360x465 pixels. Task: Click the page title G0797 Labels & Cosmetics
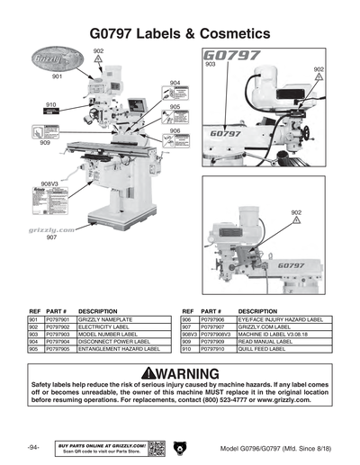coord(180,32)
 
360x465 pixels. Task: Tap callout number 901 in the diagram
coord(57,78)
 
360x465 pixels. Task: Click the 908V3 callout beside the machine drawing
coord(49,183)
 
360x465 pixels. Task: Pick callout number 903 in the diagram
coord(211,65)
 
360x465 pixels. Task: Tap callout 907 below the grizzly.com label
coord(52,238)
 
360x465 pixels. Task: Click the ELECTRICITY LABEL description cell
coord(107,326)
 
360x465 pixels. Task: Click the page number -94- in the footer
coord(33,447)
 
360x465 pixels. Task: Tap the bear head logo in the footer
coord(180,447)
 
